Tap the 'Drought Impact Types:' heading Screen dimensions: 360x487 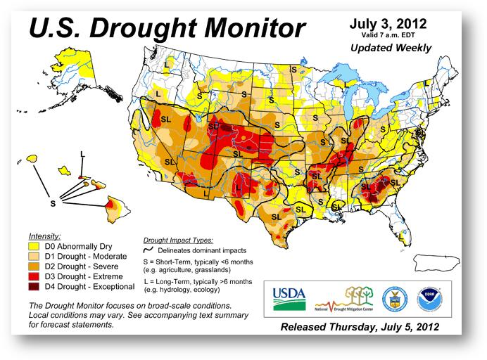[x=177, y=240]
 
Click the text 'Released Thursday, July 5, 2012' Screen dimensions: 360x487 [x=360, y=328]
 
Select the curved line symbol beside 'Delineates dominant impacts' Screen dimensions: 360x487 [x=149, y=250]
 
